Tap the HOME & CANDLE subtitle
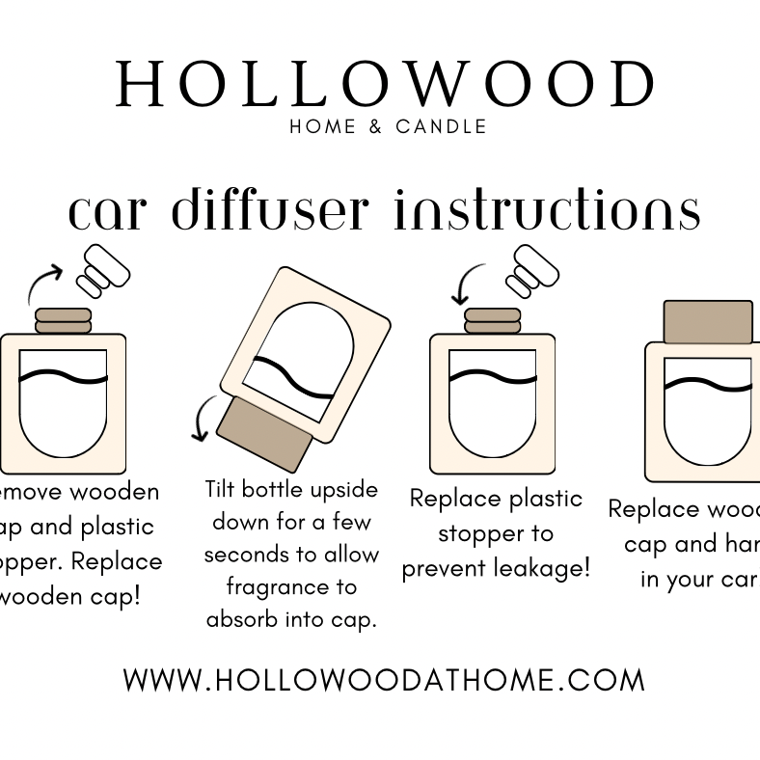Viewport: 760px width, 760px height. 388,126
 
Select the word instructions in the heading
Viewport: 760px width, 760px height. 546,210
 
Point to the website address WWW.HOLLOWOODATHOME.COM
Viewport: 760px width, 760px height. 384,680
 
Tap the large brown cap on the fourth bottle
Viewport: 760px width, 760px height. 707,322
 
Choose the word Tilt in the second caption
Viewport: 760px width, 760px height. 220,489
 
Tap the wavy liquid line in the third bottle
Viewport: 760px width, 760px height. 492,374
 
